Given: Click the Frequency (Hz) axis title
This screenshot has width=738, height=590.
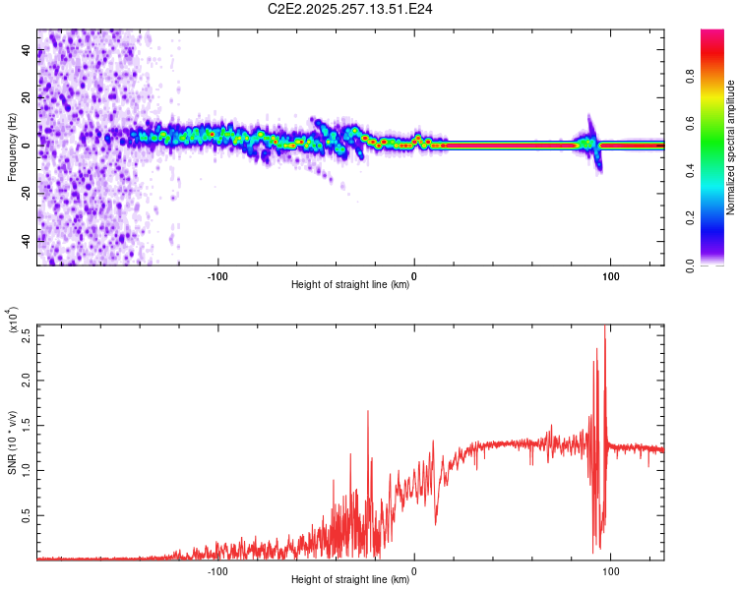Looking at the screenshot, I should (11, 147).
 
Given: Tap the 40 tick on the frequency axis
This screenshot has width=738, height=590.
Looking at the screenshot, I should (27, 51).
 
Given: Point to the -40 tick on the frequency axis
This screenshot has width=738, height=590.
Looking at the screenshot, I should (27, 239).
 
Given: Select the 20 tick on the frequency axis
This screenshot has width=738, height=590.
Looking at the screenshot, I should (27, 98).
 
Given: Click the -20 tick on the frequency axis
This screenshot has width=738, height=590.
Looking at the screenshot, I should (27, 193).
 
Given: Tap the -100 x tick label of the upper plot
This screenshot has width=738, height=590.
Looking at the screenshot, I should (217, 274).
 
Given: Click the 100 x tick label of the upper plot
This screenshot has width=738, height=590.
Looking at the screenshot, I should (610, 274).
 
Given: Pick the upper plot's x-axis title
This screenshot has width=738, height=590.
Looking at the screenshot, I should (350, 285).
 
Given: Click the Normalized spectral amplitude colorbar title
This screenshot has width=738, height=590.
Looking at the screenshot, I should (731, 147).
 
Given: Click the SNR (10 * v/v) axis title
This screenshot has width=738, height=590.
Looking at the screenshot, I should (12, 442).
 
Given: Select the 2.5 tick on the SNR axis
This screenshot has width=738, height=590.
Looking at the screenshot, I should (26, 333).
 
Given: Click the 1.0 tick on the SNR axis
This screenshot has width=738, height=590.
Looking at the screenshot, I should (26, 469).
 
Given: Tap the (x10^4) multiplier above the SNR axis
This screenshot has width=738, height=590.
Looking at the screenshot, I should (13, 321).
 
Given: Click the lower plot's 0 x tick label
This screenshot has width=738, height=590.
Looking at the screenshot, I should (413, 568).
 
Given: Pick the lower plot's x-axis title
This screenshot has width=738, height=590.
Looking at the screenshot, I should (350, 580).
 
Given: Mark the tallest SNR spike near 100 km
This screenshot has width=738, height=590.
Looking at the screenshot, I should (604, 328).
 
